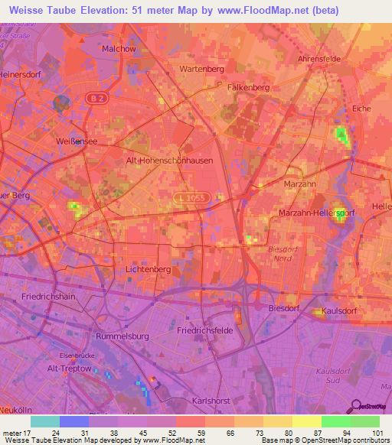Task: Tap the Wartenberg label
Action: [201, 69]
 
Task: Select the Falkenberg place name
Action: [248, 88]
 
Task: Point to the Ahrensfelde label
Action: [318, 59]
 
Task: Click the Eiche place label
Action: [361, 109]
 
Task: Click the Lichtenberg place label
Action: [147, 270]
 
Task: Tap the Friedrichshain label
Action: [47, 296]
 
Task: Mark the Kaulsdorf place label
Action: [347, 312]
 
